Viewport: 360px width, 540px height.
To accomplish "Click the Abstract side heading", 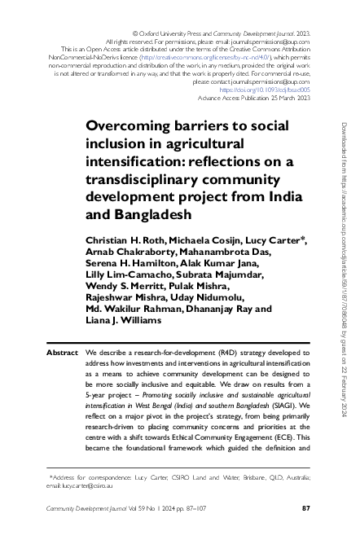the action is pyautogui.click(x=62, y=353).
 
